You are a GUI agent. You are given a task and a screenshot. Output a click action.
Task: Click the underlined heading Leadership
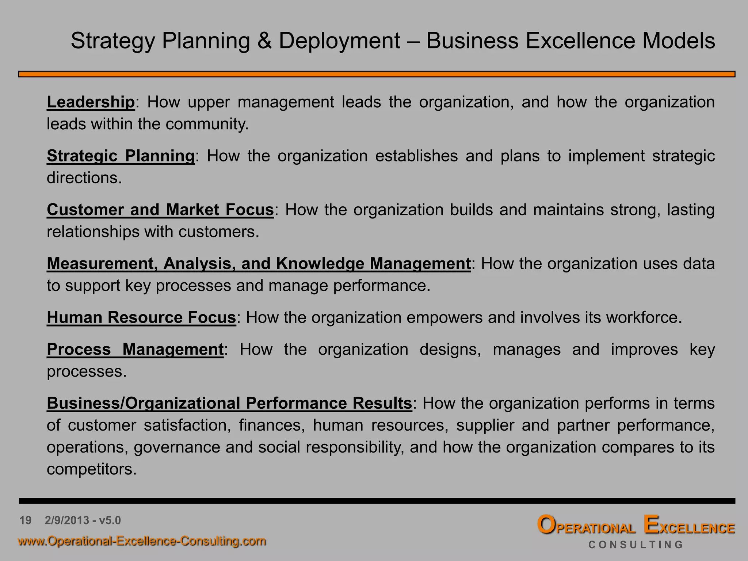[x=91, y=102]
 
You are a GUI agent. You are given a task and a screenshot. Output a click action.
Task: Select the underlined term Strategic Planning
[x=121, y=156]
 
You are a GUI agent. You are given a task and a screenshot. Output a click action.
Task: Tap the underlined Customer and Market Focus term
[x=160, y=210]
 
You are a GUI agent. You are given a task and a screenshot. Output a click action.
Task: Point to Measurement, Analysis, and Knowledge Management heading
[x=259, y=263]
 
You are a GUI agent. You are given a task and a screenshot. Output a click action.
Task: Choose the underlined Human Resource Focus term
[x=141, y=317]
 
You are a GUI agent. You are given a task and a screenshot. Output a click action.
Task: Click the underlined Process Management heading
[x=135, y=349]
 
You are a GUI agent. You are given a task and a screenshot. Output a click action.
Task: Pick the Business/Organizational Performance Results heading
[x=229, y=403]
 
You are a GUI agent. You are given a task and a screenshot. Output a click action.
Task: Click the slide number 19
[x=26, y=520]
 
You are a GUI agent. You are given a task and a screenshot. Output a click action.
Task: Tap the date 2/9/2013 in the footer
[x=67, y=520]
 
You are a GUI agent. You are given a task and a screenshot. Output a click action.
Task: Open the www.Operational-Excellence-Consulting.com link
[x=142, y=541]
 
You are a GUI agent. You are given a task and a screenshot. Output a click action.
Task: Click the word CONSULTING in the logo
[x=636, y=545]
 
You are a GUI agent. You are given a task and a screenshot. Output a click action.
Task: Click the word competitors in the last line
[x=91, y=469]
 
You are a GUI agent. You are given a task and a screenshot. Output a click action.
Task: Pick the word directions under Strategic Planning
[x=84, y=178]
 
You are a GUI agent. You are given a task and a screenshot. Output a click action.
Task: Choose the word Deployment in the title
[x=340, y=41]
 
